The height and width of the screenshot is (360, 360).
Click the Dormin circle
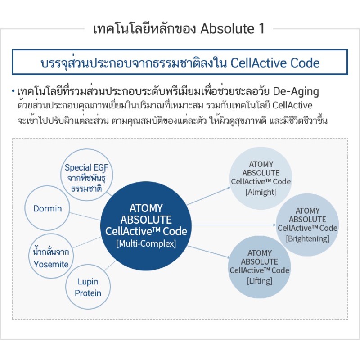pos(48,209)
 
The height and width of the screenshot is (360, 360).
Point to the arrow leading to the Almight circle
pos(209,196)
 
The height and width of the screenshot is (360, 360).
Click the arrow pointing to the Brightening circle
pos(234,224)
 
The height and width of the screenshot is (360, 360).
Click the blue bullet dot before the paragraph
pos(13,92)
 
